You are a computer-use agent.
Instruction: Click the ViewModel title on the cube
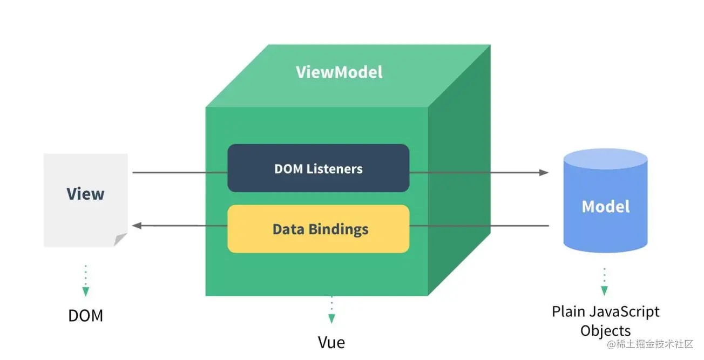339,72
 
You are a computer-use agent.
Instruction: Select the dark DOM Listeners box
319,168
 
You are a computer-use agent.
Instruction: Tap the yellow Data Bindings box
319,229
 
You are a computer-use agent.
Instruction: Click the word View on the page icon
85,194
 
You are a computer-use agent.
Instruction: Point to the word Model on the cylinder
606,206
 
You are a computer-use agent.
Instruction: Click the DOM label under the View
85,315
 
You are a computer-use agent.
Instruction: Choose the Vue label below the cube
331,342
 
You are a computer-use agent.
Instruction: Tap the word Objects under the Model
605,331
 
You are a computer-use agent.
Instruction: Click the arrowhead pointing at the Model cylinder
544,173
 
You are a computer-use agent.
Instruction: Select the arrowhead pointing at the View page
137,226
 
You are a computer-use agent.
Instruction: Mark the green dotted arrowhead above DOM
85,291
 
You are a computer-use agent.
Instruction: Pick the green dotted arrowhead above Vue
331,318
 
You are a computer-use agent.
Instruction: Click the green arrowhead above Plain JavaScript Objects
604,290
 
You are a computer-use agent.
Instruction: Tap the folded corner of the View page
120,240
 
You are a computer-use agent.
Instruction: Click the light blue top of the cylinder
605,159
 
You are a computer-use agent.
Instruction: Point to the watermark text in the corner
650,344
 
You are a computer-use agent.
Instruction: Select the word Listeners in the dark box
334,169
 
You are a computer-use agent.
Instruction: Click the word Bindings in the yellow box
339,229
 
